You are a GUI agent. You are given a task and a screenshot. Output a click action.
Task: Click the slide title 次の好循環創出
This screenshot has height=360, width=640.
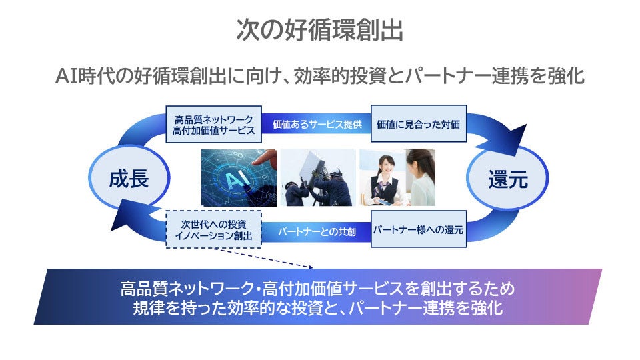[x=319, y=30]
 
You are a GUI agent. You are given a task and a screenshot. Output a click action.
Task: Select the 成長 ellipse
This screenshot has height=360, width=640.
[x=129, y=179]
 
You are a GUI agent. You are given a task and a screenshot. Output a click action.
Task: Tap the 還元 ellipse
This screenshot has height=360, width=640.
[x=508, y=179]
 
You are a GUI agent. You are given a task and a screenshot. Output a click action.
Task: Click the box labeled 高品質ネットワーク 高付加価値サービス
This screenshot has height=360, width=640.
[x=213, y=124]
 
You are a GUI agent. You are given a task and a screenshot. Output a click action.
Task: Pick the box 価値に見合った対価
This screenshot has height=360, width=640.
[x=417, y=124]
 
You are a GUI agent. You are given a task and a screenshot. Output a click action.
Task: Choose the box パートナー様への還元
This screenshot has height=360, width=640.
[x=417, y=230]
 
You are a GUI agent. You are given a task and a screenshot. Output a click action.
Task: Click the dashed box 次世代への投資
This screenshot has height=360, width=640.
[x=213, y=230]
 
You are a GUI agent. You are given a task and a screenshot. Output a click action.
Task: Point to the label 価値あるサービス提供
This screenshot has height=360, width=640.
[x=316, y=124]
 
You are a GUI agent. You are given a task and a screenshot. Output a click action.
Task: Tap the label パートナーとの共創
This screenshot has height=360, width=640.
[x=316, y=231]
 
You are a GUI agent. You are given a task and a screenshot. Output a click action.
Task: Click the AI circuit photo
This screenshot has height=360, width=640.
[x=239, y=177]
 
